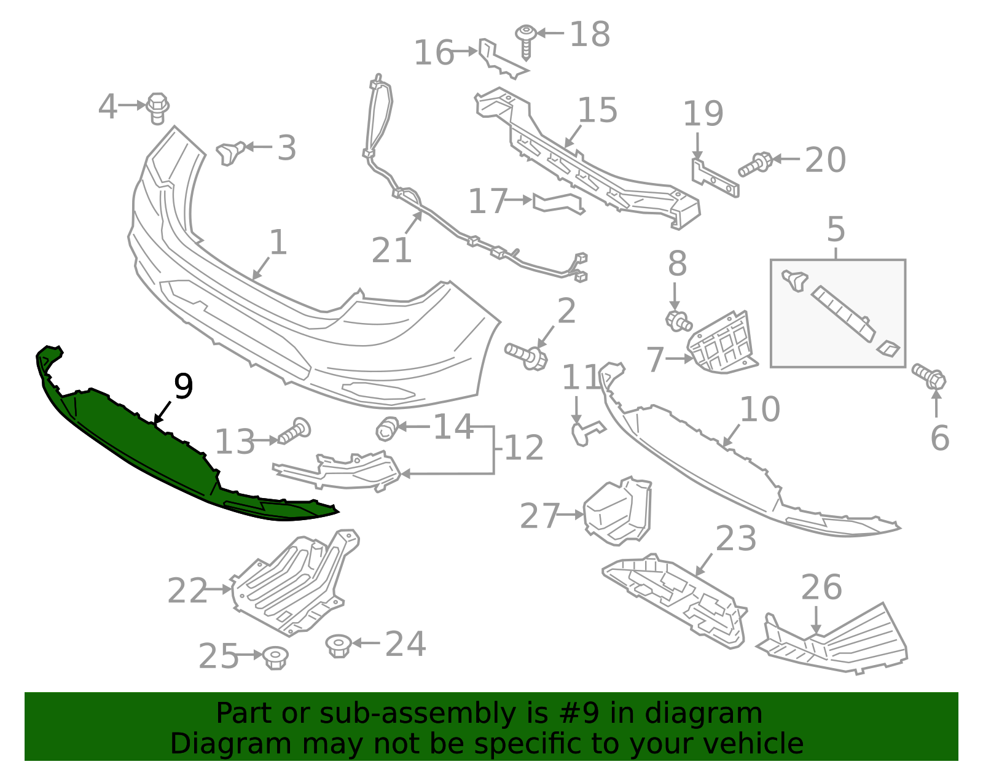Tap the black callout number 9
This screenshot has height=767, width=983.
click(x=183, y=386)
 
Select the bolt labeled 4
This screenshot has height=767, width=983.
click(x=158, y=108)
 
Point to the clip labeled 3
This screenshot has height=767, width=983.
click(x=230, y=152)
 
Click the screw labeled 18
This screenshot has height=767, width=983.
click(x=526, y=40)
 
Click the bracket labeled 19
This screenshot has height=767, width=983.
click(x=715, y=179)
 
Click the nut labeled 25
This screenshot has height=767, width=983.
click(x=275, y=658)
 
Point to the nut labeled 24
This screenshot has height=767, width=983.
click(x=339, y=645)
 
